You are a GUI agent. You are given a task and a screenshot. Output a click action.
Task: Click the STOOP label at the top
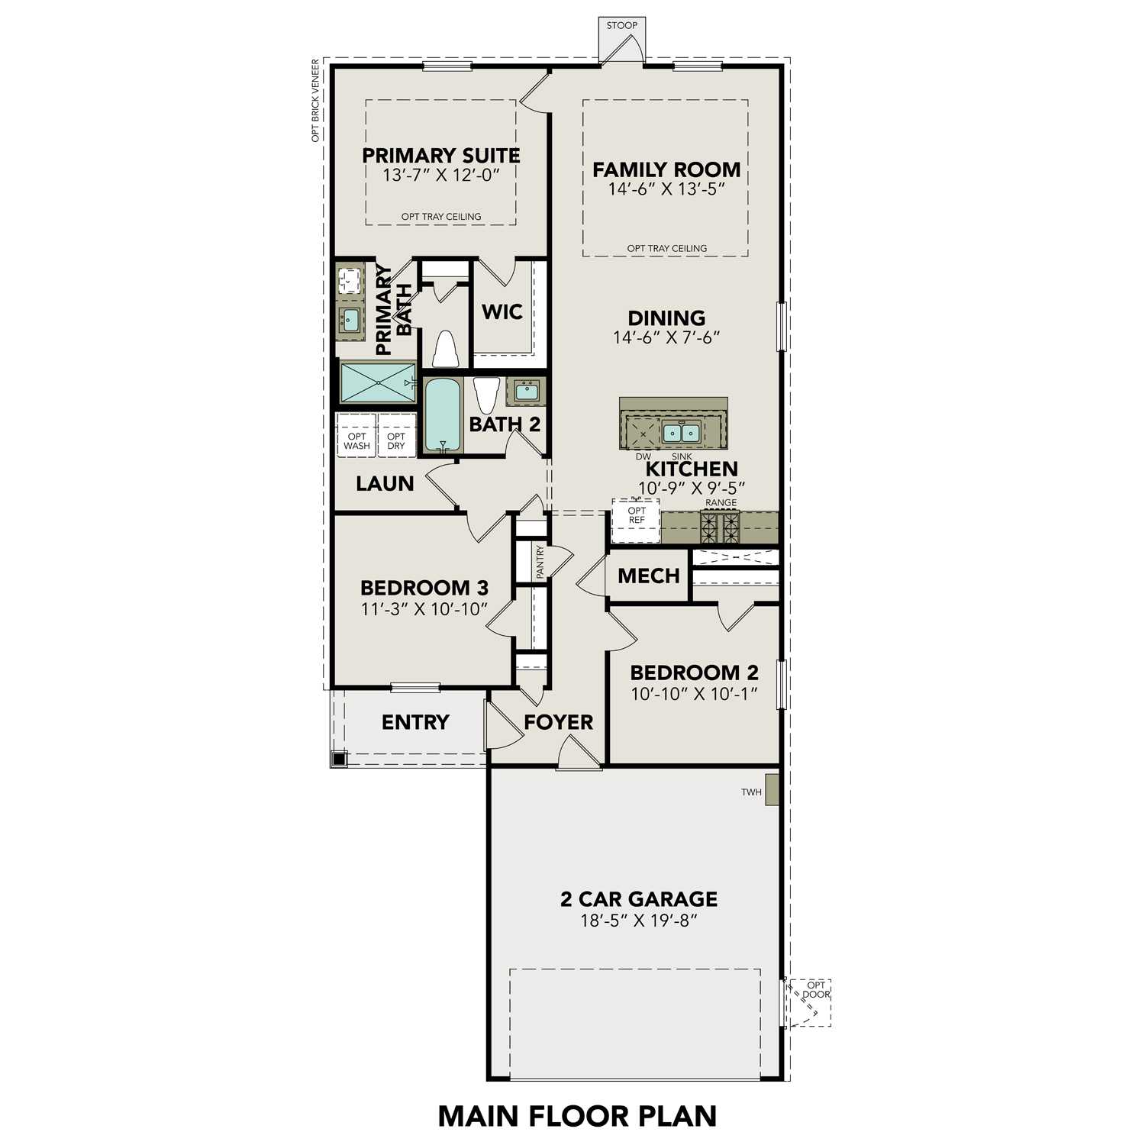[621, 25]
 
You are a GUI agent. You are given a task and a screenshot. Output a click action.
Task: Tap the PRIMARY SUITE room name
[440, 156]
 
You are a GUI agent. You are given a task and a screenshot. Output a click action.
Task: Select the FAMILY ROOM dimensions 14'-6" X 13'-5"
[666, 189]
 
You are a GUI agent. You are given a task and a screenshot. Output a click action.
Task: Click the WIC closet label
[502, 311]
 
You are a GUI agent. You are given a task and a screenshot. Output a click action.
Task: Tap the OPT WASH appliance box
[356, 440]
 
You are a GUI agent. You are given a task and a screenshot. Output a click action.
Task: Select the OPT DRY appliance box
[396, 440]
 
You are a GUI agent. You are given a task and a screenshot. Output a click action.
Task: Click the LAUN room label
[385, 483]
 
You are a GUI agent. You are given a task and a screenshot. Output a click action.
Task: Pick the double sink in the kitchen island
[681, 433]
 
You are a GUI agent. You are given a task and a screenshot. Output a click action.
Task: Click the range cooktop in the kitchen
[721, 527]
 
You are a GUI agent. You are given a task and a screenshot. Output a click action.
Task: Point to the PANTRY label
[540, 562]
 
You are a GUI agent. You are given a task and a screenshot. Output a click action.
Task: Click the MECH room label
[648, 576]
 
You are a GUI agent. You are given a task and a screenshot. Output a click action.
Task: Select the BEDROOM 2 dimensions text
[694, 693]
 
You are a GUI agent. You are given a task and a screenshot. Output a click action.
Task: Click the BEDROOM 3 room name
[424, 588]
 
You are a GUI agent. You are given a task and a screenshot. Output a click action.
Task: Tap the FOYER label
[558, 722]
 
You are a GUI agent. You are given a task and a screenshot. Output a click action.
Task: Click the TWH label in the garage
[751, 792]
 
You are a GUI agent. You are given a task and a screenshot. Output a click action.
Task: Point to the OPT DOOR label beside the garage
[815, 989]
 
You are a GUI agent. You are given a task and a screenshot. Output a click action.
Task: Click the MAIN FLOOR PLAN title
[577, 1116]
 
